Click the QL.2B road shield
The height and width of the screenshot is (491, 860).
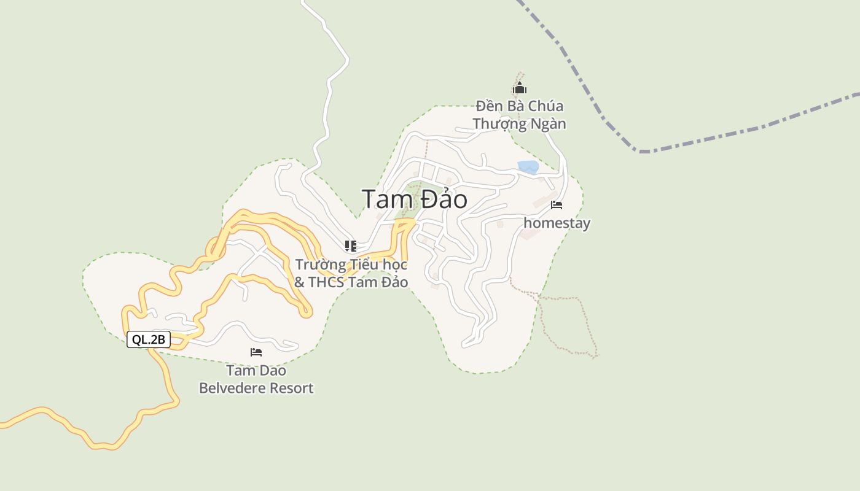click(x=149, y=339)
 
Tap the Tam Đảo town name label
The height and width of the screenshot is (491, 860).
click(x=414, y=199)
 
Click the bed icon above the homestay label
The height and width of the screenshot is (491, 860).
click(x=557, y=205)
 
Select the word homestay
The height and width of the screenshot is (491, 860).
click(x=557, y=223)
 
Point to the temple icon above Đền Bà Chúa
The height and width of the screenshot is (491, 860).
click(x=520, y=88)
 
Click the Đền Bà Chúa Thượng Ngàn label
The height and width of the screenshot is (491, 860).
click(x=519, y=115)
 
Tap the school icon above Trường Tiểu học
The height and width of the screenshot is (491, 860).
click(x=351, y=247)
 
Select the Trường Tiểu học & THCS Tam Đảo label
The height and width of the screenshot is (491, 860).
click(x=351, y=273)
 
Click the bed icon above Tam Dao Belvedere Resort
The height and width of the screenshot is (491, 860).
click(x=256, y=352)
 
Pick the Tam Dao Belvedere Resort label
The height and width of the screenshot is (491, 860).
click(x=256, y=379)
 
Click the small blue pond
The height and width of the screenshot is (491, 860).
click(x=528, y=166)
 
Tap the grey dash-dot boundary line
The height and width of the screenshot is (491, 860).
click(x=737, y=132)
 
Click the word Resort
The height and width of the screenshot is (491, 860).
click(x=294, y=388)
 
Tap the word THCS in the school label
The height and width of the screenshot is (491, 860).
click(x=326, y=282)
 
